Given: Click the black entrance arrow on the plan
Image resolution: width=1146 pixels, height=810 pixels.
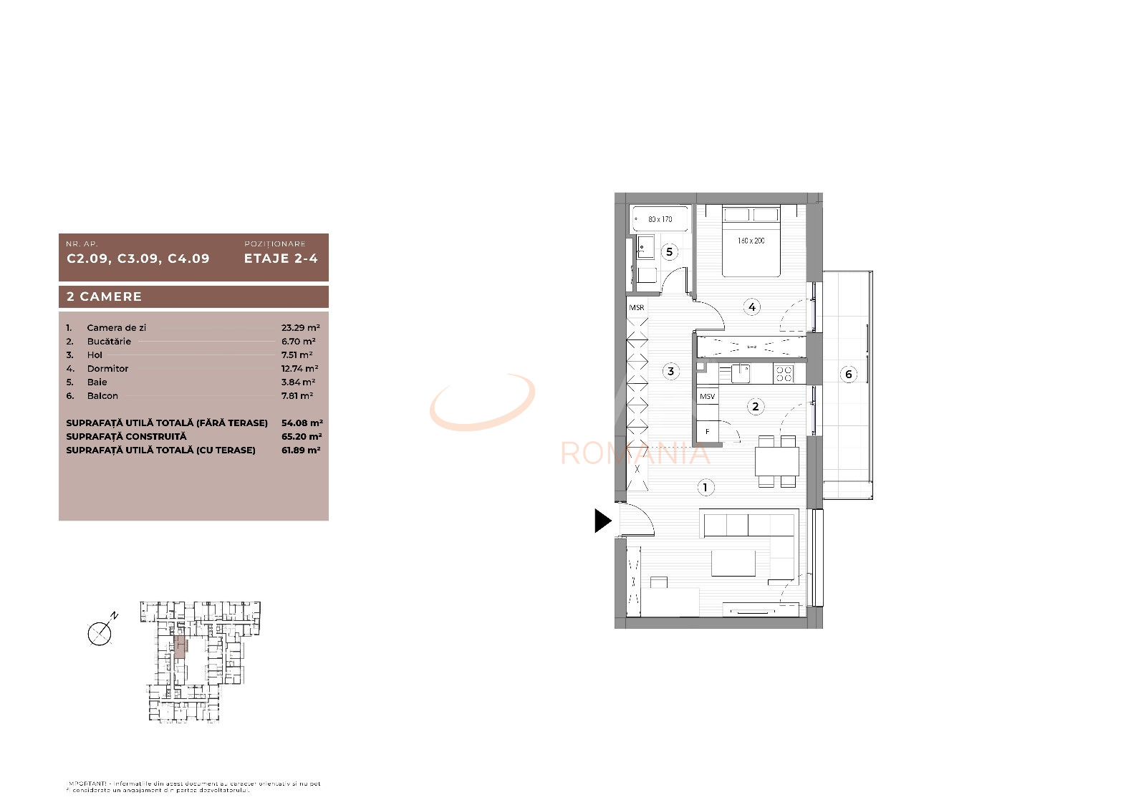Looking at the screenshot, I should [602, 521].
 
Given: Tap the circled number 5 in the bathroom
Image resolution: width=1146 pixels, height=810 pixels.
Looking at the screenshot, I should [669, 251].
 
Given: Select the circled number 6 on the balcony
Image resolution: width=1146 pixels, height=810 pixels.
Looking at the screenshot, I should [848, 374].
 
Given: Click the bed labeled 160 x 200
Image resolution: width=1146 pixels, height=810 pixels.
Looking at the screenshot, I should [751, 241].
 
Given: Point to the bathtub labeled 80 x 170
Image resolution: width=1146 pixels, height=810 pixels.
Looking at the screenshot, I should [660, 219].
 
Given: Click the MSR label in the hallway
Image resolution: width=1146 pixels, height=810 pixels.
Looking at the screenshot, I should [637, 307].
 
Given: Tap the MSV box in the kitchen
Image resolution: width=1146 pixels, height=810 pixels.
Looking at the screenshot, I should [707, 396].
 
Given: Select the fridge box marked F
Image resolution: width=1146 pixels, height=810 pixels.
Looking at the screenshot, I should [708, 432].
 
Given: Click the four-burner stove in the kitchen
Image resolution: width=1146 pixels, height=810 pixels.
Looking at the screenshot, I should [784, 374].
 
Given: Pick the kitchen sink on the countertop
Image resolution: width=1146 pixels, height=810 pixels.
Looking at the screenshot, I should [740, 373].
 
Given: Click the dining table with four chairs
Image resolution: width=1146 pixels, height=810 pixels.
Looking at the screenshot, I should [777, 461].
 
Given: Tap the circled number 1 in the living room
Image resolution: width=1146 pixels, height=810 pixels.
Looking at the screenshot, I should [705, 488].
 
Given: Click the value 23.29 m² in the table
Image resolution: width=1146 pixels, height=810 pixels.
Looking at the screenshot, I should [300, 328].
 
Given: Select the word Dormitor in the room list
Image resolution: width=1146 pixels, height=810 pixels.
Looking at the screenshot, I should [107, 369].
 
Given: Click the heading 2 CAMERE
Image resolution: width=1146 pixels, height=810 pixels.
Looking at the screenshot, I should [105, 296].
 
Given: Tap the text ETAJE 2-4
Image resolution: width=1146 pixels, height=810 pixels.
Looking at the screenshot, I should [281, 259].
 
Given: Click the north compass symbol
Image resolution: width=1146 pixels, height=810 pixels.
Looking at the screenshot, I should [100, 632].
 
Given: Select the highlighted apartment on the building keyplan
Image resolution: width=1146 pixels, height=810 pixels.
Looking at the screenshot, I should [180, 647].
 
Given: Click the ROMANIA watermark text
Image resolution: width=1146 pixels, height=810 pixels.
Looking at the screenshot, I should [635, 453].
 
